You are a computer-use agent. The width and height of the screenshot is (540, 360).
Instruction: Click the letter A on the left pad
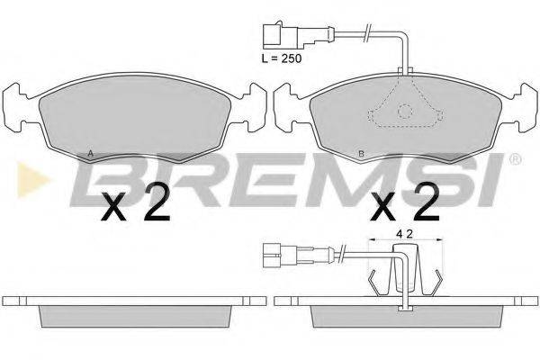(90, 153)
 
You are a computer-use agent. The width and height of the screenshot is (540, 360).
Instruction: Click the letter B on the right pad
(361, 154)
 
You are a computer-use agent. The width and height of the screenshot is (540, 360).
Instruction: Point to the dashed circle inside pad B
(406, 112)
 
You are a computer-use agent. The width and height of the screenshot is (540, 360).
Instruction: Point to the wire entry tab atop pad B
(407, 70)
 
